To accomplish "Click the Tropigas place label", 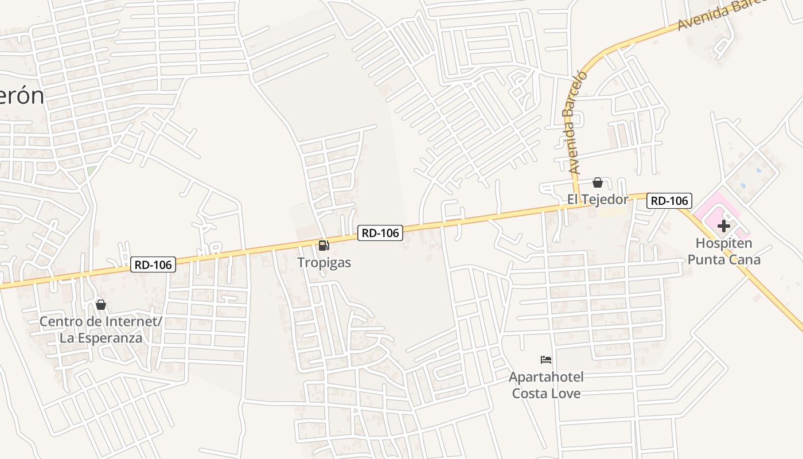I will (324, 263).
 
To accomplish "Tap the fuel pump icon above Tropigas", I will (324, 246).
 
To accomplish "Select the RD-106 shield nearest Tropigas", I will (380, 232).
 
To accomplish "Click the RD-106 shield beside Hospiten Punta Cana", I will (669, 201).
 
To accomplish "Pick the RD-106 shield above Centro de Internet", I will (153, 264).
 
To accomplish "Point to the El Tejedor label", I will (598, 199).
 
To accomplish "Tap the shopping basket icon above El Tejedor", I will (598, 182).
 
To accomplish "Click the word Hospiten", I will (724, 243).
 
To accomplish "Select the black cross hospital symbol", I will (724, 226).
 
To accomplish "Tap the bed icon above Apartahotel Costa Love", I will (546, 360).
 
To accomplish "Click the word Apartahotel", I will (546, 377).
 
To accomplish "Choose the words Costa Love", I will (546, 394).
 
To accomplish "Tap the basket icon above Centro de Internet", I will (101, 305).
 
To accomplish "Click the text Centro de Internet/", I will (101, 321).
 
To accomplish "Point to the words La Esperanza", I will (101, 338).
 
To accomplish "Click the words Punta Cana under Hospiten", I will (724, 260).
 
